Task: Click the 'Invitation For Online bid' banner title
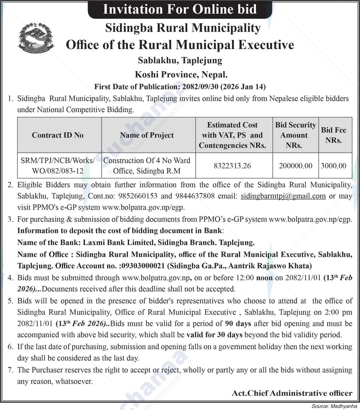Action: (x=180, y=9)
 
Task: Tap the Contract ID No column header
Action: (x=58, y=135)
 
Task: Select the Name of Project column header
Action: (x=147, y=135)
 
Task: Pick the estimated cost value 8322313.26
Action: (x=232, y=166)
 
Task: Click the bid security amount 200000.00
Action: (x=295, y=166)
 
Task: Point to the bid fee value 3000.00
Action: (x=333, y=166)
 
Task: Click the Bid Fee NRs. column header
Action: (x=333, y=135)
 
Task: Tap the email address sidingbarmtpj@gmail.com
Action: (x=283, y=196)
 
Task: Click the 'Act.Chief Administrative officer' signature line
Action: (x=292, y=393)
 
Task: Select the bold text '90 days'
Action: (x=238, y=323)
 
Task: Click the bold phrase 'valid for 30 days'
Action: (x=214, y=335)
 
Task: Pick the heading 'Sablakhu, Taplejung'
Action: (x=180, y=60)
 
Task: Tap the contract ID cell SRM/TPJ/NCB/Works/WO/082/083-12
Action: (x=58, y=166)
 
